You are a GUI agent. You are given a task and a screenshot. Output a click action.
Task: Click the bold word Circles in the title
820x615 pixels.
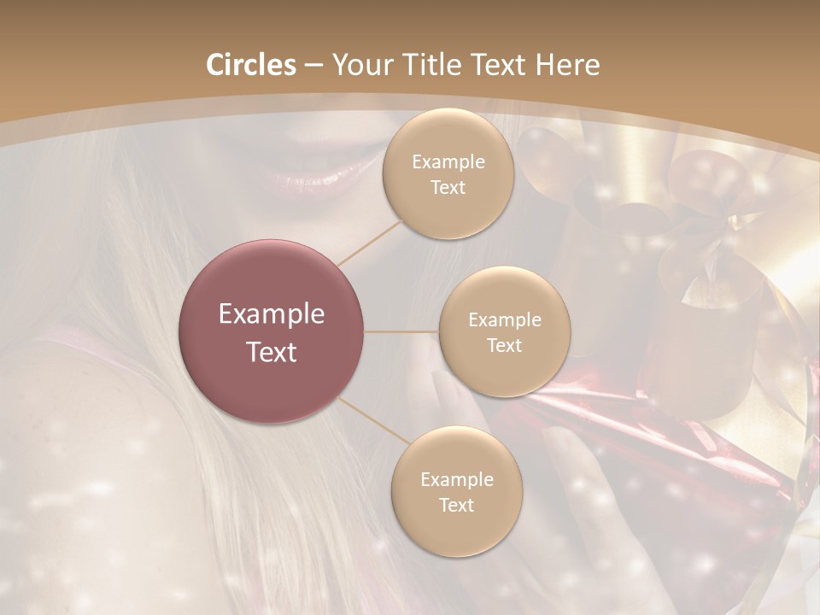(x=250, y=65)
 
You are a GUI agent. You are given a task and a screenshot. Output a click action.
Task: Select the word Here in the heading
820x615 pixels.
(x=567, y=65)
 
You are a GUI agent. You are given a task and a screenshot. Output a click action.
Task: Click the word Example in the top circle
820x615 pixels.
(x=448, y=162)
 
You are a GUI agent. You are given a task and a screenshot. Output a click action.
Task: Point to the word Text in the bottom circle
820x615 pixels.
(x=456, y=505)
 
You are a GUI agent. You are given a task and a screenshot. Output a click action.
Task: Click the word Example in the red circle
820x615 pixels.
(x=272, y=313)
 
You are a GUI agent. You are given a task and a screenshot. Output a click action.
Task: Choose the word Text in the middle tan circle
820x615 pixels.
(x=504, y=345)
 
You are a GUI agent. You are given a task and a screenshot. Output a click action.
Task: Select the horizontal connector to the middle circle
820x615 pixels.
(x=401, y=331)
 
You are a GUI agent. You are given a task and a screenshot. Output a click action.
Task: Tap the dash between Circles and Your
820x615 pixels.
(x=313, y=66)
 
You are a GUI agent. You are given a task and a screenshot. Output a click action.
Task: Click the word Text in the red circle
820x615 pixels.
(x=272, y=352)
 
